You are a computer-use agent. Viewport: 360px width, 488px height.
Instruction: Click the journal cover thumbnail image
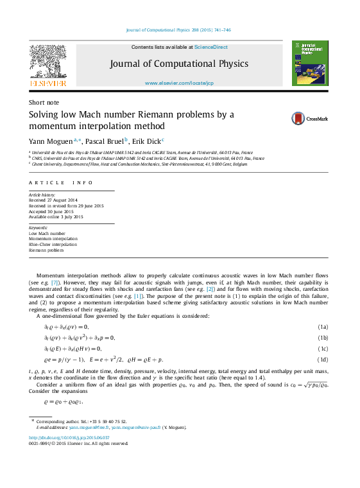point(310,63)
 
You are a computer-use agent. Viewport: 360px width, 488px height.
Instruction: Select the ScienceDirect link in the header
point(211,47)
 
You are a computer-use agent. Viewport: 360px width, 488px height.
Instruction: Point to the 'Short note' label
point(44,102)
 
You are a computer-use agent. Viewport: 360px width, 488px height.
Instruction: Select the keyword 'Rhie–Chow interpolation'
point(53,244)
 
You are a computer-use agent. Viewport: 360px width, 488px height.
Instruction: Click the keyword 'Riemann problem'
point(47,250)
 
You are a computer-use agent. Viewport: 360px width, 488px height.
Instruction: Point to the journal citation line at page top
point(178,30)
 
